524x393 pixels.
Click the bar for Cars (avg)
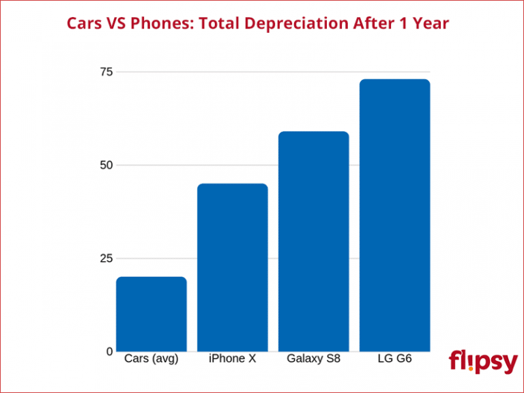coord(151,314)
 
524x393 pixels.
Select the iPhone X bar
coord(232,267)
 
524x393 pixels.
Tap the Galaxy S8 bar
coord(313,242)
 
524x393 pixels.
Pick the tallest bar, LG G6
coord(394,215)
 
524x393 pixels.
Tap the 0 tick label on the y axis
coord(109,351)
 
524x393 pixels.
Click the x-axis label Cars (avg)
coord(151,359)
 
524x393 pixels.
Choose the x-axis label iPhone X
coord(232,359)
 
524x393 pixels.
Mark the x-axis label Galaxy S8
coord(313,359)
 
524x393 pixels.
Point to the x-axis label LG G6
coord(394,359)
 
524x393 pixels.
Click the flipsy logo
coord(483,362)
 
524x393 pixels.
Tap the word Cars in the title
coord(85,24)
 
